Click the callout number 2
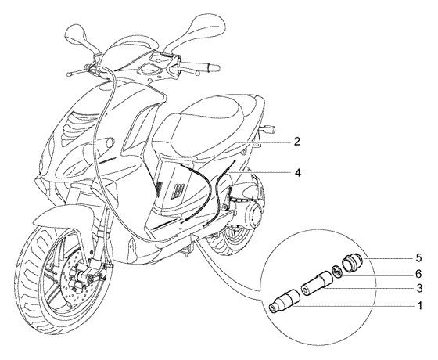click(297, 142)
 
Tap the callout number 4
click(298, 173)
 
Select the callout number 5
click(418, 258)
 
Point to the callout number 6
click(418, 274)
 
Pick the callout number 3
click(419, 289)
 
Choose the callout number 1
click(419, 306)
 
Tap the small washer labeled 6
click(337, 272)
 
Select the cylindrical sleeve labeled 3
click(316, 283)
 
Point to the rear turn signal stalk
click(267, 129)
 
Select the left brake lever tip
click(69, 74)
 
